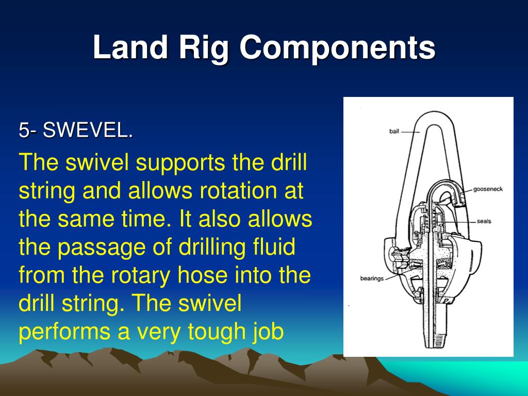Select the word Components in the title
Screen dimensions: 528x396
pyautogui.click(x=337, y=49)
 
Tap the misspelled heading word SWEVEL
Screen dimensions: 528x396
pyautogui.click(x=88, y=130)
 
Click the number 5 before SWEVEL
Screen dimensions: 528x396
pyautogui.click(x=24, y=130)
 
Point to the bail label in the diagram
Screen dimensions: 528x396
pyautogui.click(x=394, y=131)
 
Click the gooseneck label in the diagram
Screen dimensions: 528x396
pyautogui.click(x=488, y=189)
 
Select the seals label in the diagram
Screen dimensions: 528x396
pyautogui.click(x=484, y=221)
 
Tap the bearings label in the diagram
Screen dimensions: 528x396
pyautogui.click(x=372, y=278)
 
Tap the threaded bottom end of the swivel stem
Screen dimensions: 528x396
pyautogui.click(x=439, y=340)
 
